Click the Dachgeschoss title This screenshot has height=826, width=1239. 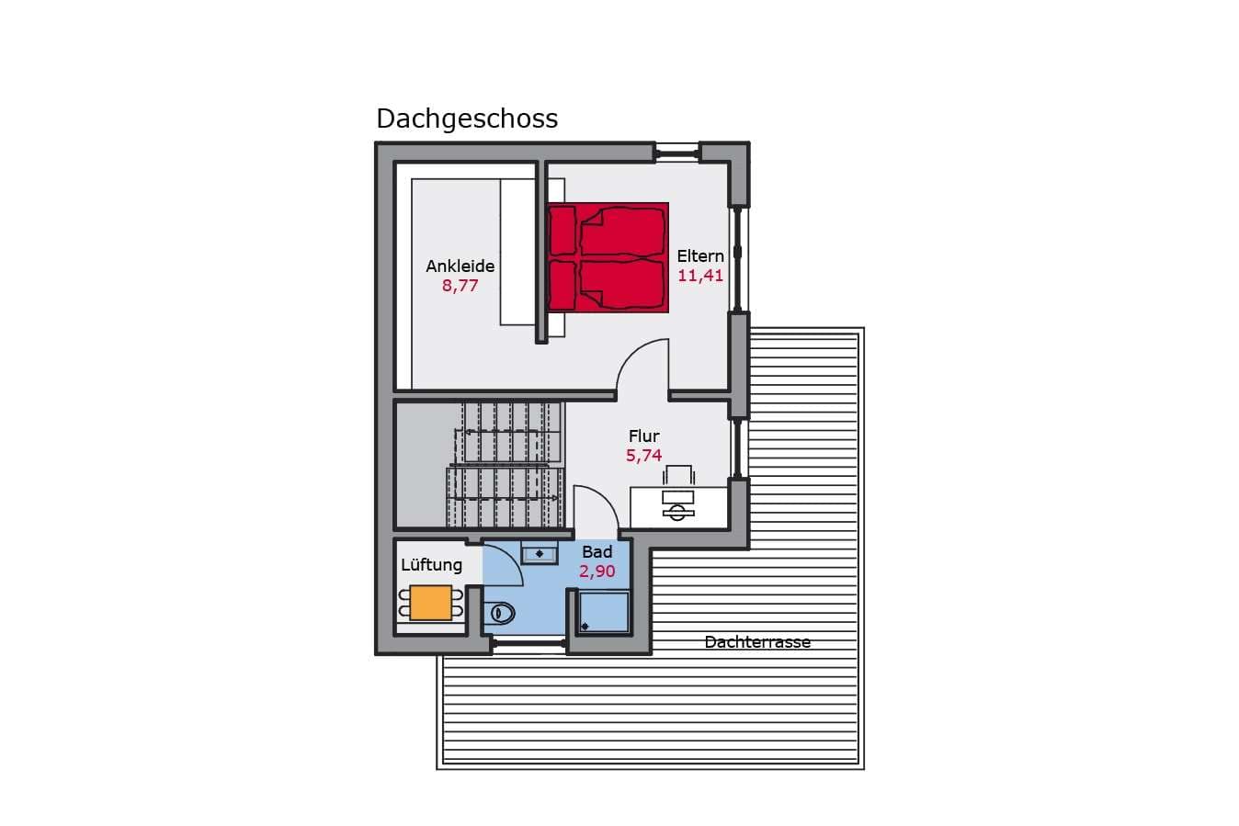pyautogui.click(x=467, y=119)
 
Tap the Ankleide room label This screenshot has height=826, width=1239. pyautogui.click(x=460, y=266)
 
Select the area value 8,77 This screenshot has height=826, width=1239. pyautogui.click(x=460, y=286)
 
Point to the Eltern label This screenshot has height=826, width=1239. pyautogui.click(x=700, y=256)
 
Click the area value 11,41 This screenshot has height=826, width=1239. pyautogui.click(x=700, y=276)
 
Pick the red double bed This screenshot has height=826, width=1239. pyautogui.click(x=608, y=257)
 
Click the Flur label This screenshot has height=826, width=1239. pyautogui.click(x=643, y=436)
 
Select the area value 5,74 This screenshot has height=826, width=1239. pyautogui.click(x=643, y=456)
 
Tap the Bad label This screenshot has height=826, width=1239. pyautogui.click(x=597, y=552)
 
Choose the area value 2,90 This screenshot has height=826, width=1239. pyautogui.click(x=597, y=571)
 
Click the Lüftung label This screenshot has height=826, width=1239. pyautogui.click(x=431, y=565)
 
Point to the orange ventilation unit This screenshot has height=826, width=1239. pyautogui.click(x=431, y=603)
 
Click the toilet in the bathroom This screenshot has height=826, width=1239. pyautogui.click(x=499, y=613)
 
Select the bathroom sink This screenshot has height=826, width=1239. pyautogui.click(x=540, y=553)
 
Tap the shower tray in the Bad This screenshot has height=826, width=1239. pyautogui.click(x=604, y=612)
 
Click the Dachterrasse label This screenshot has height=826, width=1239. pyautogui.click(x=757, y=642)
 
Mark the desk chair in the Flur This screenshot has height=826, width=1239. pyautogui.click(x=678, y=475)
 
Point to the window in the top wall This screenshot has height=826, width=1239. pyautogui.click(x=677, y=152)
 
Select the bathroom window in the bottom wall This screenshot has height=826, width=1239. pyautogui.click(x=529, y=643)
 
